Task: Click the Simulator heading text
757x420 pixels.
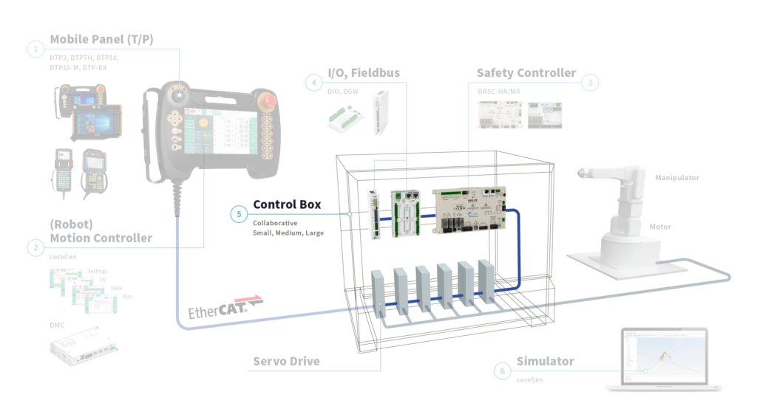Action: (x=546, y=361)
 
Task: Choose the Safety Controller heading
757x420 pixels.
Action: (x=526, y=73)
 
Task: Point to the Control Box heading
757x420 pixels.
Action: (x=287, y=204)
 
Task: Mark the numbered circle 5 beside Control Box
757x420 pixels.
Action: (x=238, y=215)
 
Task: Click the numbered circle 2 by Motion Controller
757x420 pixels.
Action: (x=35, y=248)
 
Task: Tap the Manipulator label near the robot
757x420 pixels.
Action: (x=676, y=178)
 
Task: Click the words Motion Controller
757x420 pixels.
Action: (x=101, y=238)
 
